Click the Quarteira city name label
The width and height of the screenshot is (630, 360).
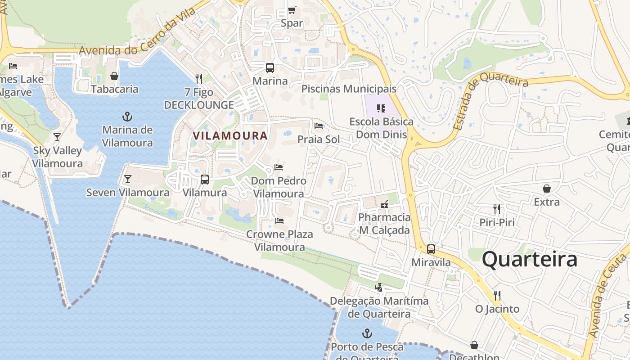529,260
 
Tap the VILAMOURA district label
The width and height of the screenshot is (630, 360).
230,135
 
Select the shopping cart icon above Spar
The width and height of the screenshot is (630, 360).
292,10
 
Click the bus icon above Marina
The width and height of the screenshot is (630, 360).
270,68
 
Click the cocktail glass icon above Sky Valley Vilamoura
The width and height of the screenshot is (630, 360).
57,137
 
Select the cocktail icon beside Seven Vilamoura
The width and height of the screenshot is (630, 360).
128,179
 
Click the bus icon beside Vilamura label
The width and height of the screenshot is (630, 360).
205,180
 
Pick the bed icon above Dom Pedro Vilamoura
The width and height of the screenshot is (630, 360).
279,167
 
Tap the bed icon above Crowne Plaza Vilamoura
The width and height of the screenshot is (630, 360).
279,221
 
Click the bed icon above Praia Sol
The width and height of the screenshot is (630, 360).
319,126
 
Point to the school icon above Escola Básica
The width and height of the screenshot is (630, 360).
381,108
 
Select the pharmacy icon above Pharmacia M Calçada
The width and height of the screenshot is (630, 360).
384,204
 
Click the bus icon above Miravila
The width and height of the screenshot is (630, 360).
431,249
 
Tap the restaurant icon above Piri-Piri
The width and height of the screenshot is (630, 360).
497,209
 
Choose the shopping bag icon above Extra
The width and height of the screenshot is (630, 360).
547,188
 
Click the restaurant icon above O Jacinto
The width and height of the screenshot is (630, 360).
497,295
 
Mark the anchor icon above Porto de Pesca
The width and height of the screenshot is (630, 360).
368,333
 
